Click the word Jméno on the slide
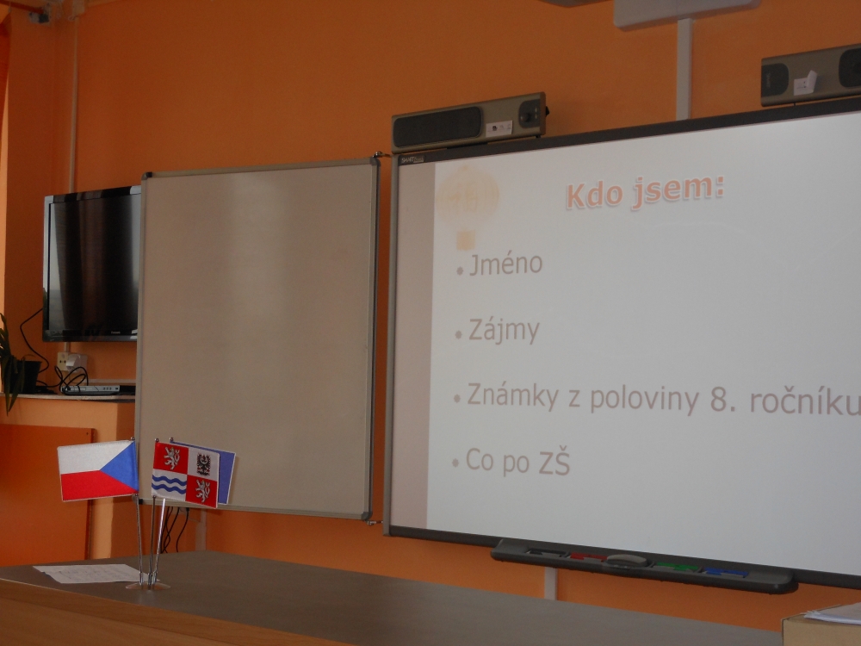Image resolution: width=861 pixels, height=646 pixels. point(505,264)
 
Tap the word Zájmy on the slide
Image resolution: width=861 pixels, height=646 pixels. point(504,332)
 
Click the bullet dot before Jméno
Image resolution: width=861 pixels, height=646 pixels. point(460,270)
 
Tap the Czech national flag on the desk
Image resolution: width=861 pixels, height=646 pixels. point(98,470)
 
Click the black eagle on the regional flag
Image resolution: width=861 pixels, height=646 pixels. point(204,464)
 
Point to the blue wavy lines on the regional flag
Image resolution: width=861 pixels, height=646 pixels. point(169,484)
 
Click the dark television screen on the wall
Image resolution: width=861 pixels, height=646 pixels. point(92,264)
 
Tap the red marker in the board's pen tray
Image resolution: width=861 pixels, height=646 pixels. point(587,556)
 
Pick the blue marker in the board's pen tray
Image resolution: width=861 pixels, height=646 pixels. point(726,573)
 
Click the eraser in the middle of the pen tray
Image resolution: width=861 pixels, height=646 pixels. point(627,561)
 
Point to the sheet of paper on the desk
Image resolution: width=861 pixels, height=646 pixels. point(88,573)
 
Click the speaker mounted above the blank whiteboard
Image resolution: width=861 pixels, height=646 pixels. point(469,122)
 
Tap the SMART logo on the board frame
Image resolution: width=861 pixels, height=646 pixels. point(412,160)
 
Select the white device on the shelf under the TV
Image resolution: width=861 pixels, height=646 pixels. point(92,389)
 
